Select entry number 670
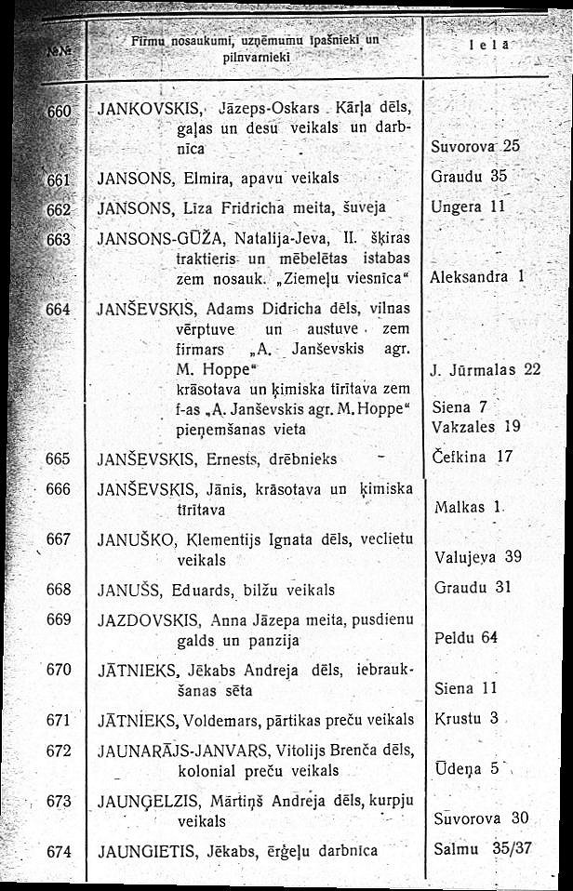[x=59, y=668]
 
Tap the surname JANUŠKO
[x=134, y=539]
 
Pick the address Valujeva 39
[x=478, y=557]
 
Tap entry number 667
[x=59, y=539]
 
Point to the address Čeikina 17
[x=473, y=457]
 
